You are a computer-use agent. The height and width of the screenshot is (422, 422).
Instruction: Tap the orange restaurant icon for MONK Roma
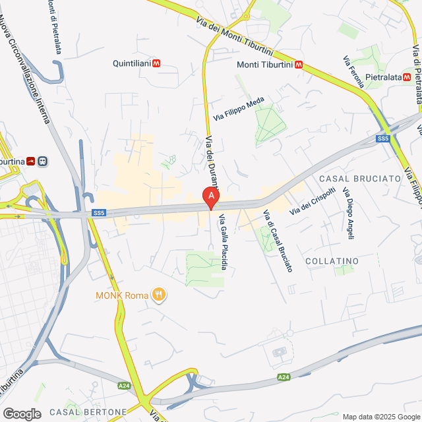[158, 295]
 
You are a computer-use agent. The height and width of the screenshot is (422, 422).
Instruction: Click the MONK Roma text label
[123, 295]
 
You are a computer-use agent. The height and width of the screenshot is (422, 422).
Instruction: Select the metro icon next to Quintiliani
[156, 64]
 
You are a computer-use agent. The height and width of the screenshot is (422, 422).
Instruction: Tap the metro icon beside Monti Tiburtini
[299, 65]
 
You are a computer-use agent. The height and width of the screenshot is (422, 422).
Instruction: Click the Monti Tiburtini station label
[265, 65]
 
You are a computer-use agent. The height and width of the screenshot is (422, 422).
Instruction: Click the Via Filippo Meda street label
[239, 109]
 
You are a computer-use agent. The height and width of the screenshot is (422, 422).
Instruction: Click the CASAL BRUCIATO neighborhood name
[360, 179]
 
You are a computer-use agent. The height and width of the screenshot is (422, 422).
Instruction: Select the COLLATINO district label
[332, 261]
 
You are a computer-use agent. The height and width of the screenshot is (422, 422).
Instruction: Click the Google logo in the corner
[22, 413]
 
